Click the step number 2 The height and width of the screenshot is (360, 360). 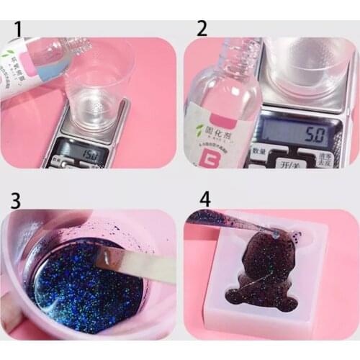click(x=202, y=29)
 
